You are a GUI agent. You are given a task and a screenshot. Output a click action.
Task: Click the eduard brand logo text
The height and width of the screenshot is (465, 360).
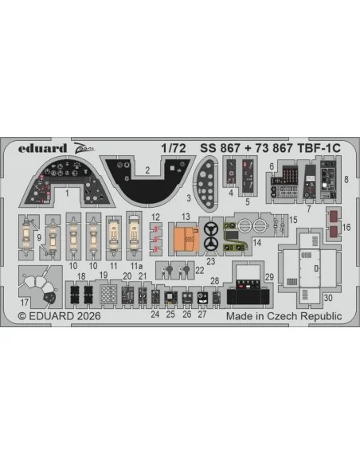coord(42,148)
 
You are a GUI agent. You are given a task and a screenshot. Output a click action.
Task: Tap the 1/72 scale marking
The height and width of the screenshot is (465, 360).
coord(174,148)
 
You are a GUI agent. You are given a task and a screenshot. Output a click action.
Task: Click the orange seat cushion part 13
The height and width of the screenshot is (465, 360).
coord(186,239)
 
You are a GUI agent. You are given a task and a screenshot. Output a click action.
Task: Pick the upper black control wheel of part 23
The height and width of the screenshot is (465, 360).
coord(211,229)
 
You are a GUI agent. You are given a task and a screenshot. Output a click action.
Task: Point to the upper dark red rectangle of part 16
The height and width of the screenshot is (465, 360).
coord(334,217)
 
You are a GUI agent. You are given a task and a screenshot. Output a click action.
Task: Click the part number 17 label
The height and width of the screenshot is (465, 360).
coord(25,303)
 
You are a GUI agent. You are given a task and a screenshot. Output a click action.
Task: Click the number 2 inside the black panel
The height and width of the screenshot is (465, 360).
coord(147,170)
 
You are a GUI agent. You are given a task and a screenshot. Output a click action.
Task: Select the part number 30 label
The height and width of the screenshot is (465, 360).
coord(328,298)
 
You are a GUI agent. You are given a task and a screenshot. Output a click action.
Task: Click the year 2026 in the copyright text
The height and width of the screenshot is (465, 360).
coord(88,316)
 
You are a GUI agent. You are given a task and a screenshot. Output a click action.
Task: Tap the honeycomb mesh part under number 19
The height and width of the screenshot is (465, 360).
coord(108,294)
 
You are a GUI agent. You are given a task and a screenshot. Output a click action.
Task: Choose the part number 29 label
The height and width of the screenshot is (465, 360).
coord(269,277)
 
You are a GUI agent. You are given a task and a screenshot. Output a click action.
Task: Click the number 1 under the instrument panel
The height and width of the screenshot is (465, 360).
coord(67,193)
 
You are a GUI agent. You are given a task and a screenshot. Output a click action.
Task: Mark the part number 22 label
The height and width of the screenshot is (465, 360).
coord(200,270)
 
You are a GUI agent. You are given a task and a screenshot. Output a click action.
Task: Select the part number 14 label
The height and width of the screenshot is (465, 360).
coord(257,243)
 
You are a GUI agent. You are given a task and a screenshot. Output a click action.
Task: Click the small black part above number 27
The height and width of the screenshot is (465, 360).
coord(202,297)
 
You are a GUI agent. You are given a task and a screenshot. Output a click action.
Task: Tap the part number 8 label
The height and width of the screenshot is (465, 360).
coord(346,179)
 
